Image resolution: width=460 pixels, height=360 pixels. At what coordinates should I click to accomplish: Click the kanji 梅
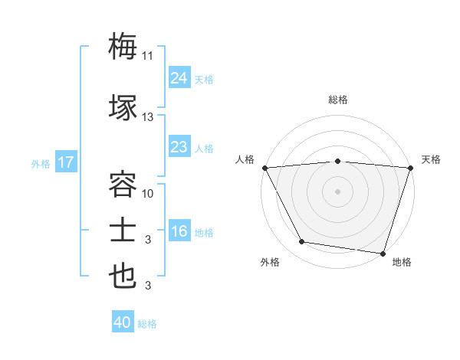pyautogui.click(x=123, y=46)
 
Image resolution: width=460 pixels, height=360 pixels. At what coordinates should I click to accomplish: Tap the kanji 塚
pyautogui.click(x=123, y=106)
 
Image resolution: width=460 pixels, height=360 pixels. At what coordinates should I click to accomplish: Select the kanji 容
pyautogui.click(x=123, y=185)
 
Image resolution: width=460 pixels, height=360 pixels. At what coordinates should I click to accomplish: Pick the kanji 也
pyautogui.click(x=123, y=277)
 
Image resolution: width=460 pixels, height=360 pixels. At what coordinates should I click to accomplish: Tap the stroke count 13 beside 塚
pyautogui.click(x=148, y=117)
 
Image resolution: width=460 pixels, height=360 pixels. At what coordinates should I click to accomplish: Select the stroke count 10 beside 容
pyautogui.click(x=148, y=194)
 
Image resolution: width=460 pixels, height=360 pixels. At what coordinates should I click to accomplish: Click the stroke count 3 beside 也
pyautogui.click(x=148, y=286)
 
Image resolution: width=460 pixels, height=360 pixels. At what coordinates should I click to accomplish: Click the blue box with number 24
pyautogui.click(x=179, y=78)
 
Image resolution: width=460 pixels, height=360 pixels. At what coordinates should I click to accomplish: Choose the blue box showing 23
pyautogui.click(x=179, y=147)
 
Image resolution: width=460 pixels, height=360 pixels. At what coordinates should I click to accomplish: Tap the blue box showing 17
pyautogui.click(x=65, y=162)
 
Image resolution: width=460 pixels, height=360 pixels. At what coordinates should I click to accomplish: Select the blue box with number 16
pyautogui.click(x=179, y=231)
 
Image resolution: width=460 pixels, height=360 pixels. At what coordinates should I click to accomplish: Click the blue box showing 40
pyautogui.click(x=123, y=322)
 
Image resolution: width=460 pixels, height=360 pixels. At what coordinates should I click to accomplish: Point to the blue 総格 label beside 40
pyautogui.click(x=147, y=324)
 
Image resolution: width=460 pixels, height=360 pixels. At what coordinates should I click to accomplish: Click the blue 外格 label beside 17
pyautogui.click(x=41, y=164)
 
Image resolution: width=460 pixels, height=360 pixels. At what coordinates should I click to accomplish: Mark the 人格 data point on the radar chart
pyautogui.click(x=264, y=168)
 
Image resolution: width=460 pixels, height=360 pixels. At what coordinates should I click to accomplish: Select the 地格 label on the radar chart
pyautogui.click(x=402, y=262)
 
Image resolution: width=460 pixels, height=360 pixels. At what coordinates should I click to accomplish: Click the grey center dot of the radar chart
pyautogui.click(x=337, y=191)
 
